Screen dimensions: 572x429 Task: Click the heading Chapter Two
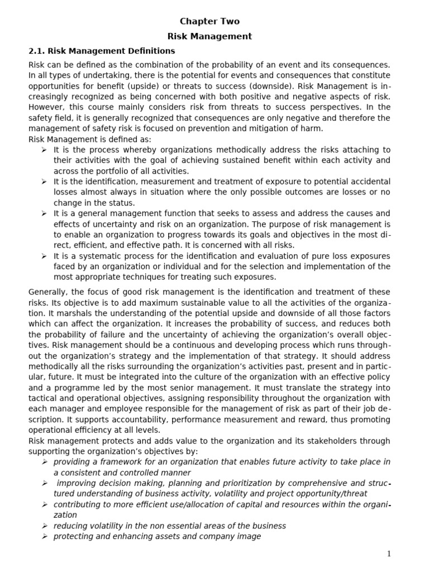pyautogui.click(x=209, y=21)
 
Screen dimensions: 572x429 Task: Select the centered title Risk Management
pyautogui.click(x=209, y=36)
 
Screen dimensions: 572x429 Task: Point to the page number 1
pyautogui.click(x=389, y=554)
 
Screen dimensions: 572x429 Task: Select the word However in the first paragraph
pyautogui.click(x=47, y=107)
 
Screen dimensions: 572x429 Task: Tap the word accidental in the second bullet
pyautogui.click(x=371, y=182)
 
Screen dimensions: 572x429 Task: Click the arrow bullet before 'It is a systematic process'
pyautogui.click(x=44, y=256)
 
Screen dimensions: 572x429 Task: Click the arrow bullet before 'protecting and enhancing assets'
pyautogui.click(x=44, y=536)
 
